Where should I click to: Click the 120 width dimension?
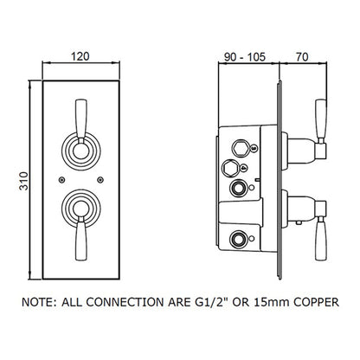pos(80,56)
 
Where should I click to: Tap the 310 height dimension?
pos(24,181)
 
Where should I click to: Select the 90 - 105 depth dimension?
pos(245,57)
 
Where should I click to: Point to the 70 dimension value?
pos(302,57)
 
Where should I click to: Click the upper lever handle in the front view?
pos(81,119)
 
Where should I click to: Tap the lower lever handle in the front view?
pos(81,239)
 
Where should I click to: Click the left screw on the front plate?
pos(61,180)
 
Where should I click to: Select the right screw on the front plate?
pos(100,180)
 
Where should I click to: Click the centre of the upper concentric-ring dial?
pos(81,151)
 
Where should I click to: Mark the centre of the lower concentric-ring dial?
pos(81,209)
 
